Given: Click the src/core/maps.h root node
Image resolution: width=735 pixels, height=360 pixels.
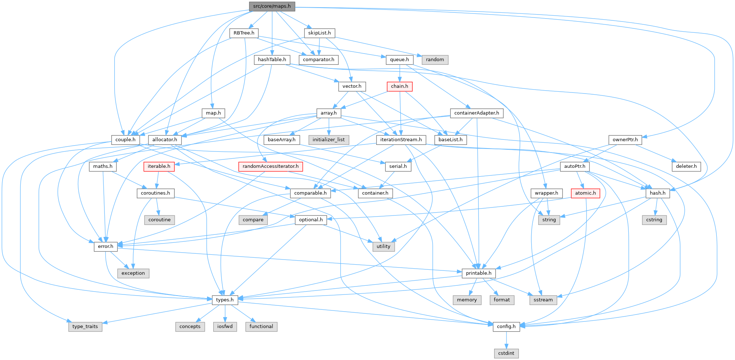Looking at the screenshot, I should (x=272, y=6).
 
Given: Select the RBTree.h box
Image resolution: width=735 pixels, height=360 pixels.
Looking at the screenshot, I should (x=244, y=33).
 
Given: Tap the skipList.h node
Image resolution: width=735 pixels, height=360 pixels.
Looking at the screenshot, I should (x=319, y=33).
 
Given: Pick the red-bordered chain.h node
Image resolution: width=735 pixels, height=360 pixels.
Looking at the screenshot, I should (x=400, y=86).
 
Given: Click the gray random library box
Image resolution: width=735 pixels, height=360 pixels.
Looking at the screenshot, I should (x=435, y=60).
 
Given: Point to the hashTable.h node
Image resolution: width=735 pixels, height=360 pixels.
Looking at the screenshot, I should (x=272, y=60).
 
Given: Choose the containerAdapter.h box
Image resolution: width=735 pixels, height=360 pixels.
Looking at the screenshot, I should (x=477, y=113).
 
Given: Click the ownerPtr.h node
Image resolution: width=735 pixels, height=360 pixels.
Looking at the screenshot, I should (x=625, y=140).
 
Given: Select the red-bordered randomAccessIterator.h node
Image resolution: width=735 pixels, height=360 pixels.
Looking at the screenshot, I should (x=270, y=166).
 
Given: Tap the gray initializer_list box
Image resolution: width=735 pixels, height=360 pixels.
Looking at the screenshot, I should (x=329, y=140).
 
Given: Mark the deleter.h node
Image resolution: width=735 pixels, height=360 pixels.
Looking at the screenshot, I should (x=686, y=166).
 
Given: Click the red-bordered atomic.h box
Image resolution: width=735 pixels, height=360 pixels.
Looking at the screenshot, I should (x=585, y=193).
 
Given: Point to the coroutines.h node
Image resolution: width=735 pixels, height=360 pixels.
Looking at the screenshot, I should (x=155, y=193).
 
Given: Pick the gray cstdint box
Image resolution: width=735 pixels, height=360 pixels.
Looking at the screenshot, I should (x=506, y=353).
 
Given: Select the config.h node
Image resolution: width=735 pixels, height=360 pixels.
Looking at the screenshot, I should (x=506, y=327).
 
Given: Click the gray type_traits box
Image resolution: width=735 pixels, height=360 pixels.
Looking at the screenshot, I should (x=85, y=327).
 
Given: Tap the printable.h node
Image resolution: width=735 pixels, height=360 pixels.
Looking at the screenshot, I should (x=478, y=273).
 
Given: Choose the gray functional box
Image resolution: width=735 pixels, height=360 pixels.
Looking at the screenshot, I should (x=261, y=327).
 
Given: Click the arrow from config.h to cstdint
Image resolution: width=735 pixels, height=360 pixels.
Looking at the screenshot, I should (x=506, y=340).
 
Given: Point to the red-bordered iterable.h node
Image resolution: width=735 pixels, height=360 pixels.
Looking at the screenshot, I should (x=159, y=166).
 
